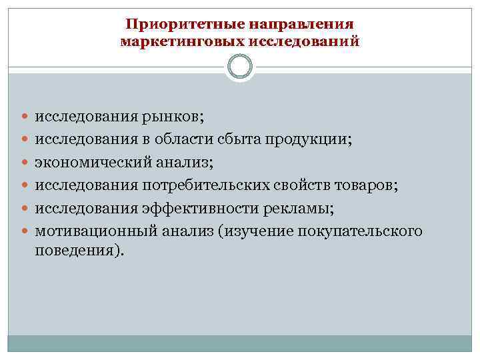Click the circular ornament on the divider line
pos(240,67)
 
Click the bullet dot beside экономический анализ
pos(25,162)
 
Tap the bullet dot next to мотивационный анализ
pos(25,231)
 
